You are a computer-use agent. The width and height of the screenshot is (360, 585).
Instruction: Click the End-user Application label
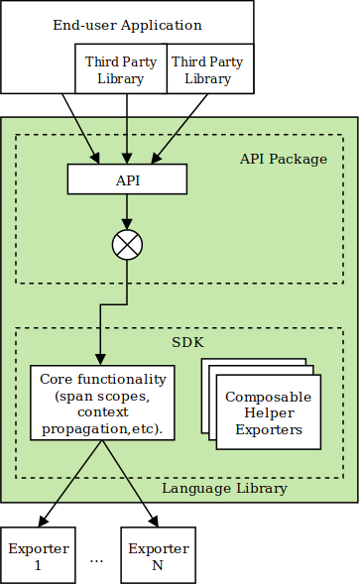127,25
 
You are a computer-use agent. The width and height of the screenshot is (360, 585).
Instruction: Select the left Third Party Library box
120,69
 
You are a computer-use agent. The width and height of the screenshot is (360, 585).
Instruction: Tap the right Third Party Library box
207,69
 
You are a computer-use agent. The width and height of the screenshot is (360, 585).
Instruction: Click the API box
127,179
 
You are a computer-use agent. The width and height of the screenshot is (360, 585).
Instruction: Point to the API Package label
284,159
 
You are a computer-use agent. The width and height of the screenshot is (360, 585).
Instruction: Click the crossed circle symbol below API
127,245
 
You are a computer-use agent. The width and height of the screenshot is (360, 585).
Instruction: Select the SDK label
185,342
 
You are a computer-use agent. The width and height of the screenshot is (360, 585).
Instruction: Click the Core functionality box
103,404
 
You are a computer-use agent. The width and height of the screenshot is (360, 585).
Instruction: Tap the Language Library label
224,488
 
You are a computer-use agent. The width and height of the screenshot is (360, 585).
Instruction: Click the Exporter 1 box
39,556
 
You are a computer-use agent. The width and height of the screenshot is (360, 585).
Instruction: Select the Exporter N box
157,556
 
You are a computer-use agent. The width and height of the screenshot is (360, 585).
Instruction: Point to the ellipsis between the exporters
97,559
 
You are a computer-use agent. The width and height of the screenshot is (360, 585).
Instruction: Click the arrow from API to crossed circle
127,211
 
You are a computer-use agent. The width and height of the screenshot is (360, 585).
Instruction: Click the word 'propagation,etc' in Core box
103,429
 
